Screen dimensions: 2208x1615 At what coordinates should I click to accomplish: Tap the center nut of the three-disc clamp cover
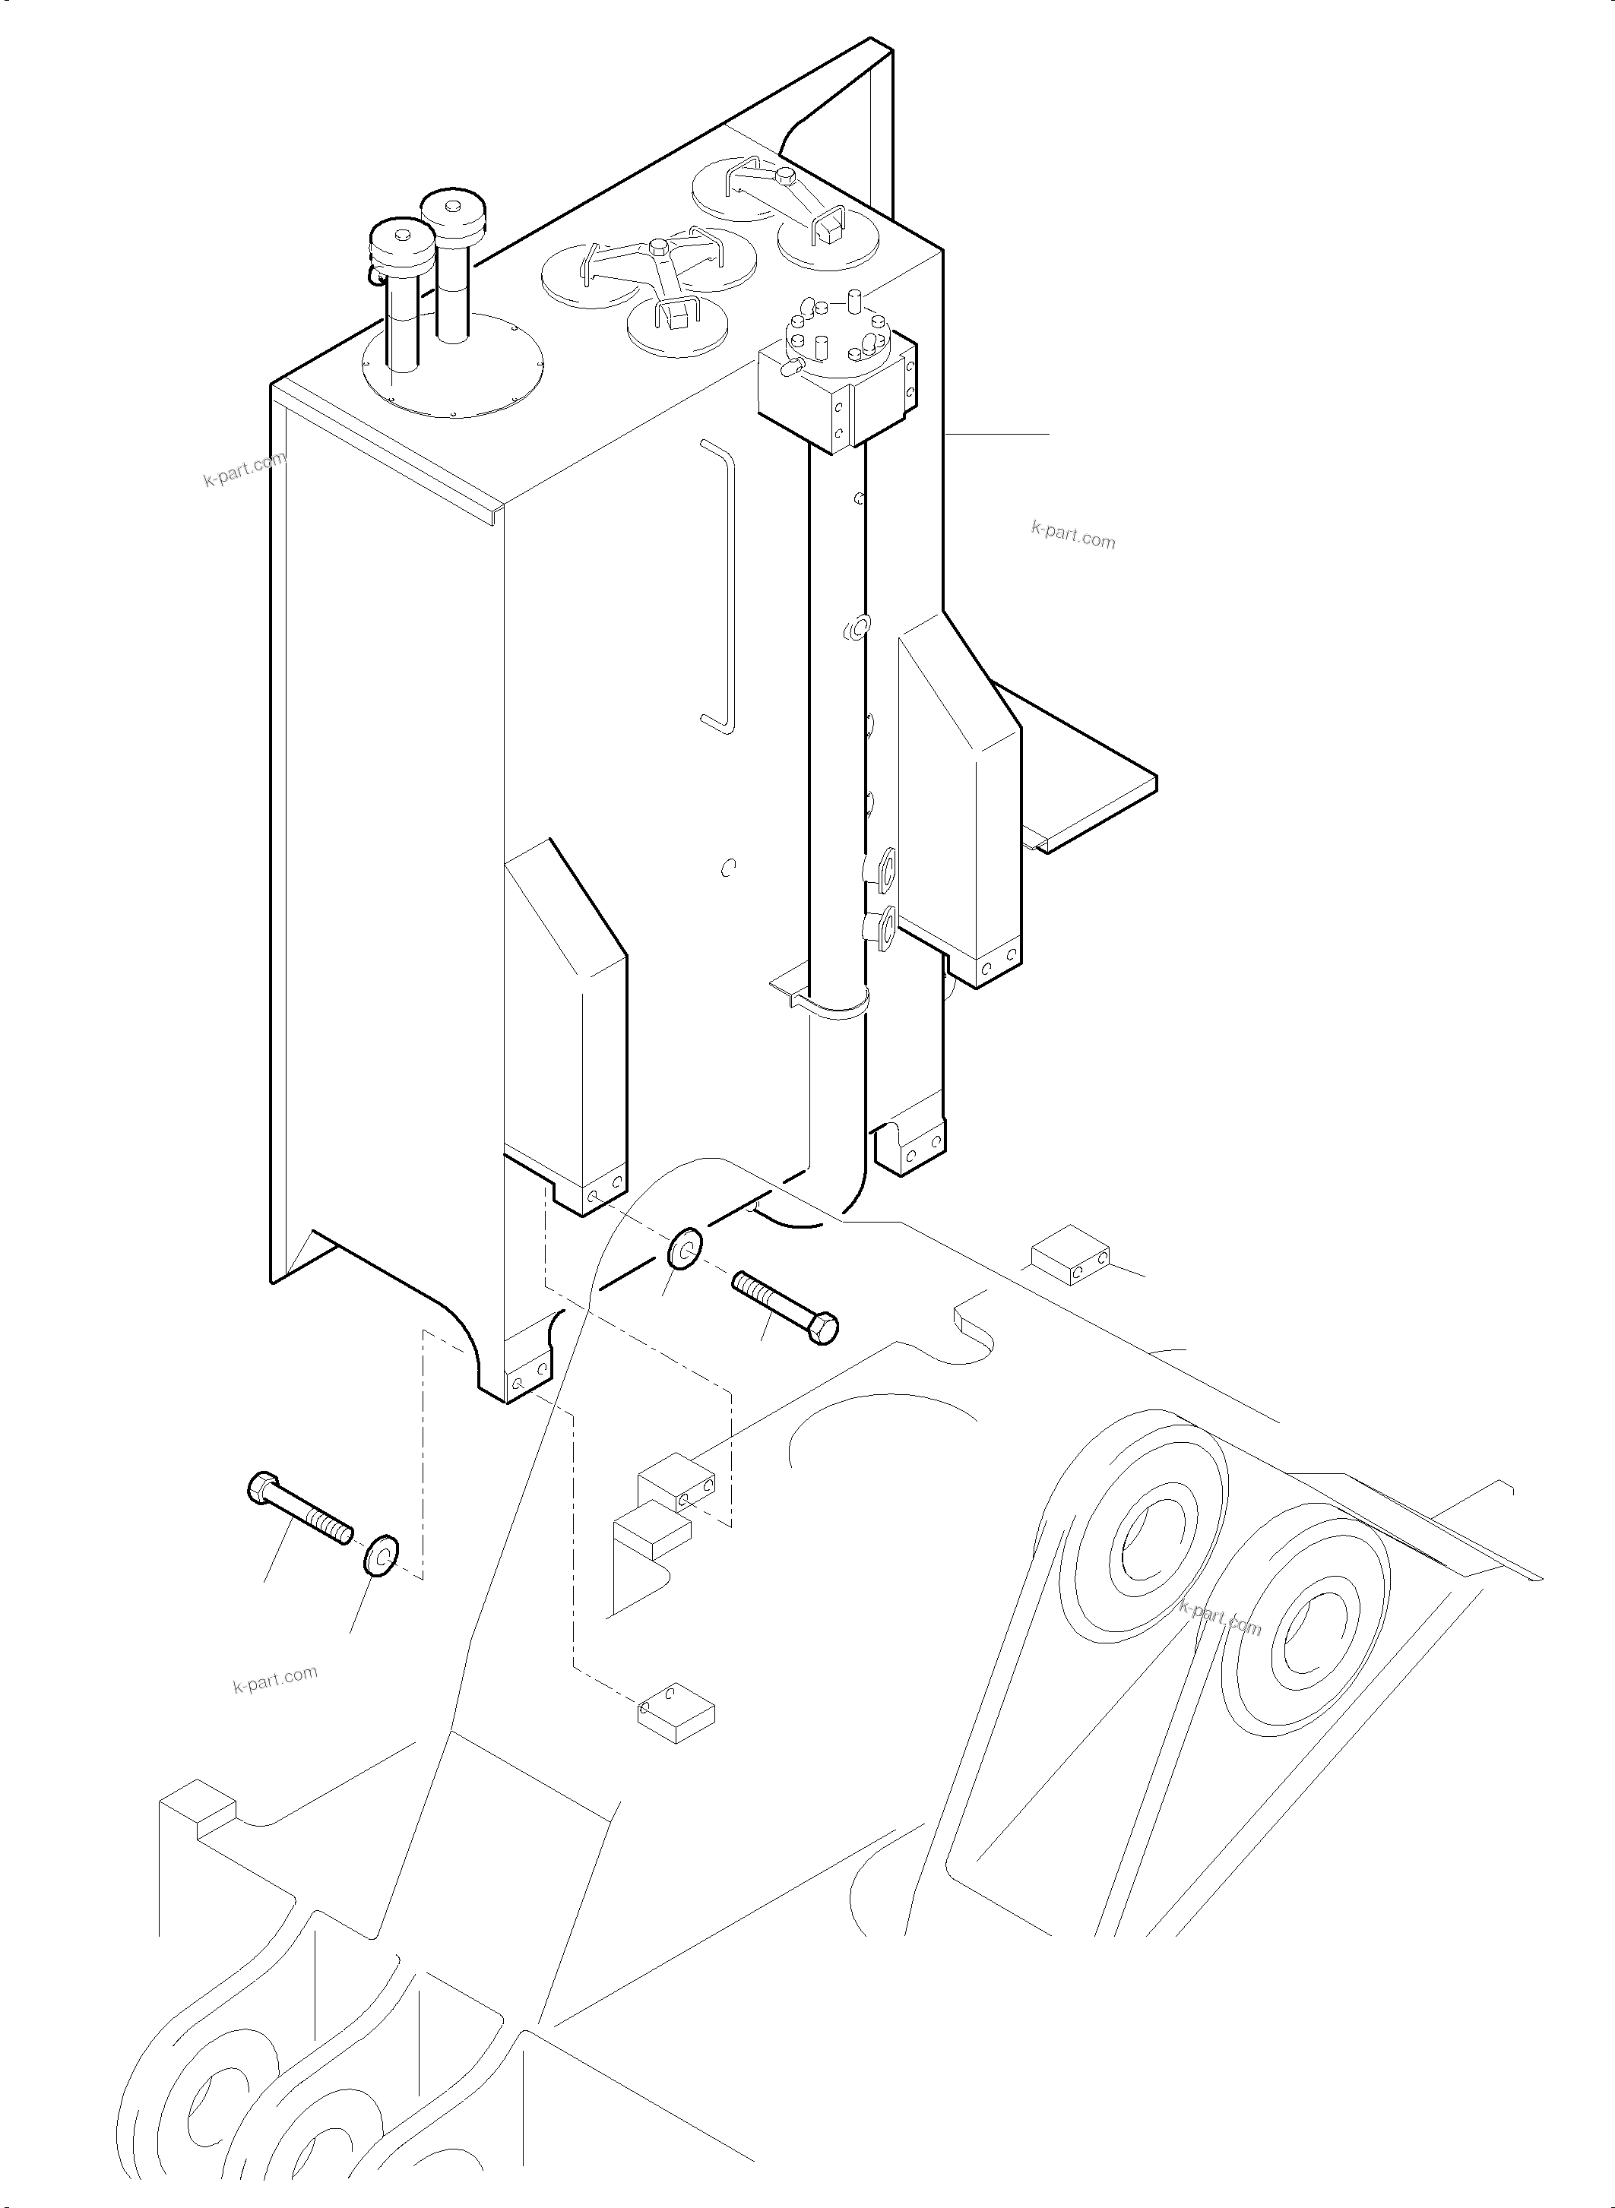pos(658,246)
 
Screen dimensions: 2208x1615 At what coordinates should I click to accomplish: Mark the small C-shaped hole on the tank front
pos(727,867)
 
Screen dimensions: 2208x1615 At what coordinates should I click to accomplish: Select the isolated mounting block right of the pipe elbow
pos(1072,1255)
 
